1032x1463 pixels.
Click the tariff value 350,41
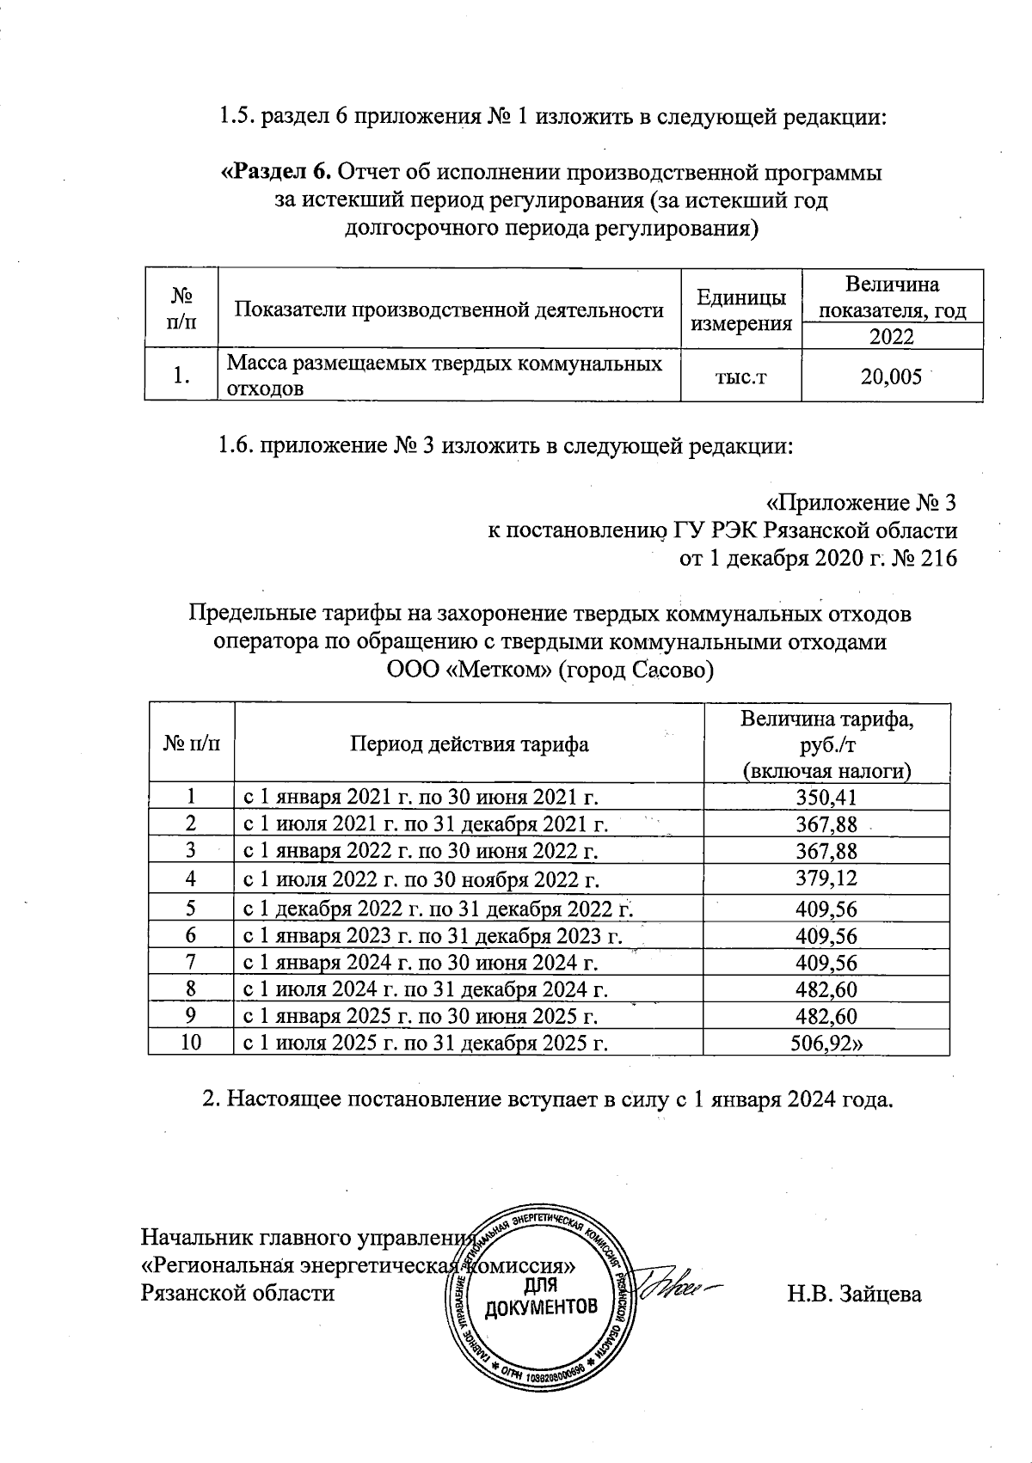click(x=826, y=798)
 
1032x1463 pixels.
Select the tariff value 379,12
click(x=826, y=879)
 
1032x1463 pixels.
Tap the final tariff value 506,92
click(x=828, y=1044)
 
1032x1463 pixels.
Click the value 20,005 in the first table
click(x=891, y=376)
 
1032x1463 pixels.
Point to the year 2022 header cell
click(x=891, y=336)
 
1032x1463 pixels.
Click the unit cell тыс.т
click(x=740, y=376)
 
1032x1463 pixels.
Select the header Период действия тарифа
click(x=469, y=744)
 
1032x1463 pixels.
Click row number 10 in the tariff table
click(x=191, y=1044)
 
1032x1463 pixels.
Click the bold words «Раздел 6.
click(x=277, y=172)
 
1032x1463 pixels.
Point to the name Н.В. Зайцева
click(x=854, y=1294)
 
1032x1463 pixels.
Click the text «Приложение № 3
click(x=860, y=503)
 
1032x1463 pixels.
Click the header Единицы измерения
click(x=740, y=310)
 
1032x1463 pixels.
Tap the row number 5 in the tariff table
click(x=191, y=909)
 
